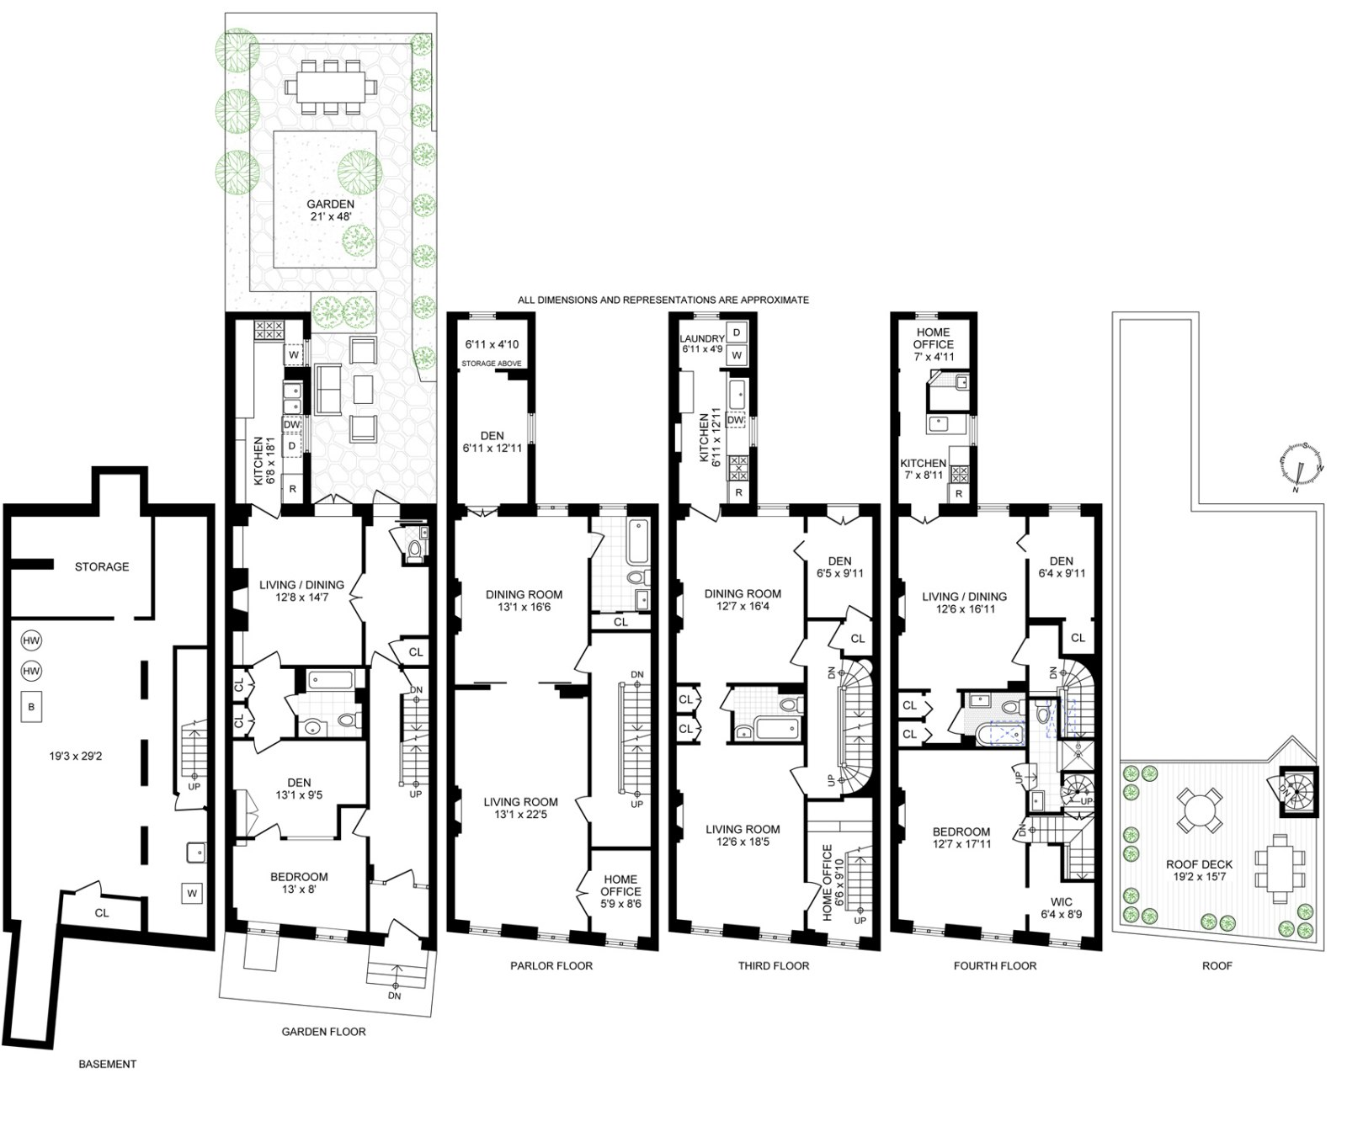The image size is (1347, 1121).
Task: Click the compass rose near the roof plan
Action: coord(1302,465)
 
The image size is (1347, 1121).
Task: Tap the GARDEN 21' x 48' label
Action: coord(330,210)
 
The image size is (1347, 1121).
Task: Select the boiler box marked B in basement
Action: coord(32,707)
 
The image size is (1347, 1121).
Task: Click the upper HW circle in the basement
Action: coord(32,641)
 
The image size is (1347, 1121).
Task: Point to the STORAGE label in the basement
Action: coord(102,566)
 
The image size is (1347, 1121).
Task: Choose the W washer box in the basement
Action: coord(193,893)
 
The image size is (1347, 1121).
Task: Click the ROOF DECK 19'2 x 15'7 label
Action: coord(1199,870)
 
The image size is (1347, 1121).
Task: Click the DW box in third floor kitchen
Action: coord(735,419)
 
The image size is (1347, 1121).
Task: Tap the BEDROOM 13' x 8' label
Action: coord(299,883)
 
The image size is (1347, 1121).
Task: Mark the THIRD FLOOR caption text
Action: coord(773,965)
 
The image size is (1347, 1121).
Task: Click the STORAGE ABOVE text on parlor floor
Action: coord(492,364)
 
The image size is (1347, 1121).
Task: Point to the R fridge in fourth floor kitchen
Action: coord(959,494)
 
